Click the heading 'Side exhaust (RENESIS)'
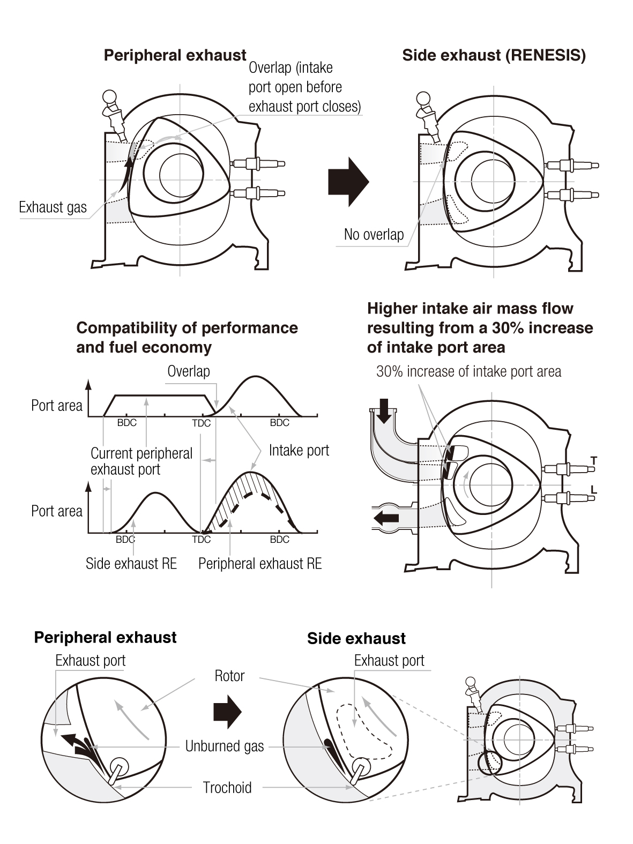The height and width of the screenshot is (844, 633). click(x=494, y=55)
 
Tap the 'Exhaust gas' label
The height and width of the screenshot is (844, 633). click(x=53, y=207)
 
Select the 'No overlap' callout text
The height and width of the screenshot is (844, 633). click(x=374, y=234)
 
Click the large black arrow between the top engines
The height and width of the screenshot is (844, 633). click(x=348, y=182)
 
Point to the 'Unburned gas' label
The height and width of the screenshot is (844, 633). click(x=225, y=746)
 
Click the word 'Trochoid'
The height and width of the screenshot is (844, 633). click(x=227, y=787)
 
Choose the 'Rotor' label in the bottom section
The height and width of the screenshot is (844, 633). click(x=229, y=676)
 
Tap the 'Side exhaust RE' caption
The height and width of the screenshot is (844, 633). click(x=131, y=564)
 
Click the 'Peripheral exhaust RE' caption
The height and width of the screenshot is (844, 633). click(x=260, y=564)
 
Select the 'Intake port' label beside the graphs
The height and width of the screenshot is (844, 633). click(x=299, y=451)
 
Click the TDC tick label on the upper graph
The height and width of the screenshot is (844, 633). click(x=202, y=423)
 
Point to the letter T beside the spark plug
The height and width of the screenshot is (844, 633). click(x=593, y=460)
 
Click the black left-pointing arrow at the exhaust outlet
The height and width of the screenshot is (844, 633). click(x=386, y=518)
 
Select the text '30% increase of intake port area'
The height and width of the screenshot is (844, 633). click(x=468, y=371)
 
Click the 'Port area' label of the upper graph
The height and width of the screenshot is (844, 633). click(x=57, y=406)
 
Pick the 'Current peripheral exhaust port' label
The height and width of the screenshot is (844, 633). click(x=141, y=461)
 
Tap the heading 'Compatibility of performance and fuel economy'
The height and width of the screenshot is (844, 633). click(x=187, y=338)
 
